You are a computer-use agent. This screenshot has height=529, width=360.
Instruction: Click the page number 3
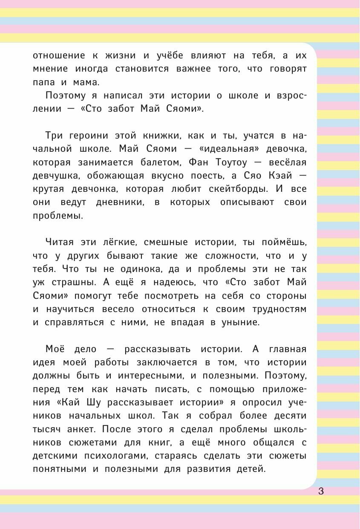click(x=321, y=491)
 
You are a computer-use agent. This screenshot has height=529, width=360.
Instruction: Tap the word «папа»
click(x=44, y=82)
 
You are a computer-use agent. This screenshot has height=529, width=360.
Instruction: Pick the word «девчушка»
click(x=57, y=176)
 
